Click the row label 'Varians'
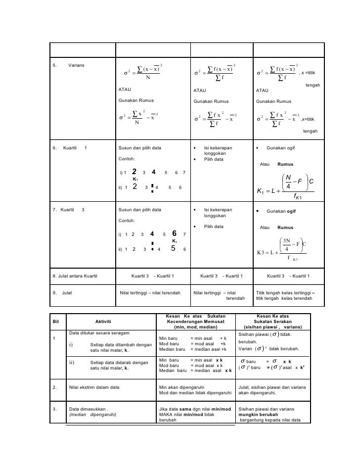click(x=76, y=65)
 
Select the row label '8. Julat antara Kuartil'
click(x=75, y=276)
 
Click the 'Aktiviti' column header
click(x=102, y=322)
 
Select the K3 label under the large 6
click(x=174, y=241)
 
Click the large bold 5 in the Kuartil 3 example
click(x=173, y=249)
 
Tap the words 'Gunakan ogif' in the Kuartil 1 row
click(x=281, y=147)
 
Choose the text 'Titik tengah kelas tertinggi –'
click(x=285, y=293)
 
